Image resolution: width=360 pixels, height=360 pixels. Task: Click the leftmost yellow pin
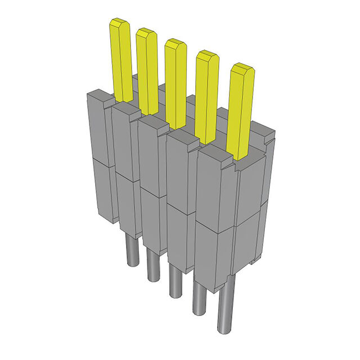pos(121,59)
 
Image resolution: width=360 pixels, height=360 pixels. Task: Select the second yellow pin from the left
pos(147,70)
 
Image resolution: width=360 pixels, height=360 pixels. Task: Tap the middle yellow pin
pos(175,83)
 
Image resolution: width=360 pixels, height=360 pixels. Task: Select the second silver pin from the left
pos(152,265)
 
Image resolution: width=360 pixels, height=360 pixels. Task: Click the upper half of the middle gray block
pos(152,152)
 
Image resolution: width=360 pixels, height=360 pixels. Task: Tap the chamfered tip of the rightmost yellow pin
pos(242,70)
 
